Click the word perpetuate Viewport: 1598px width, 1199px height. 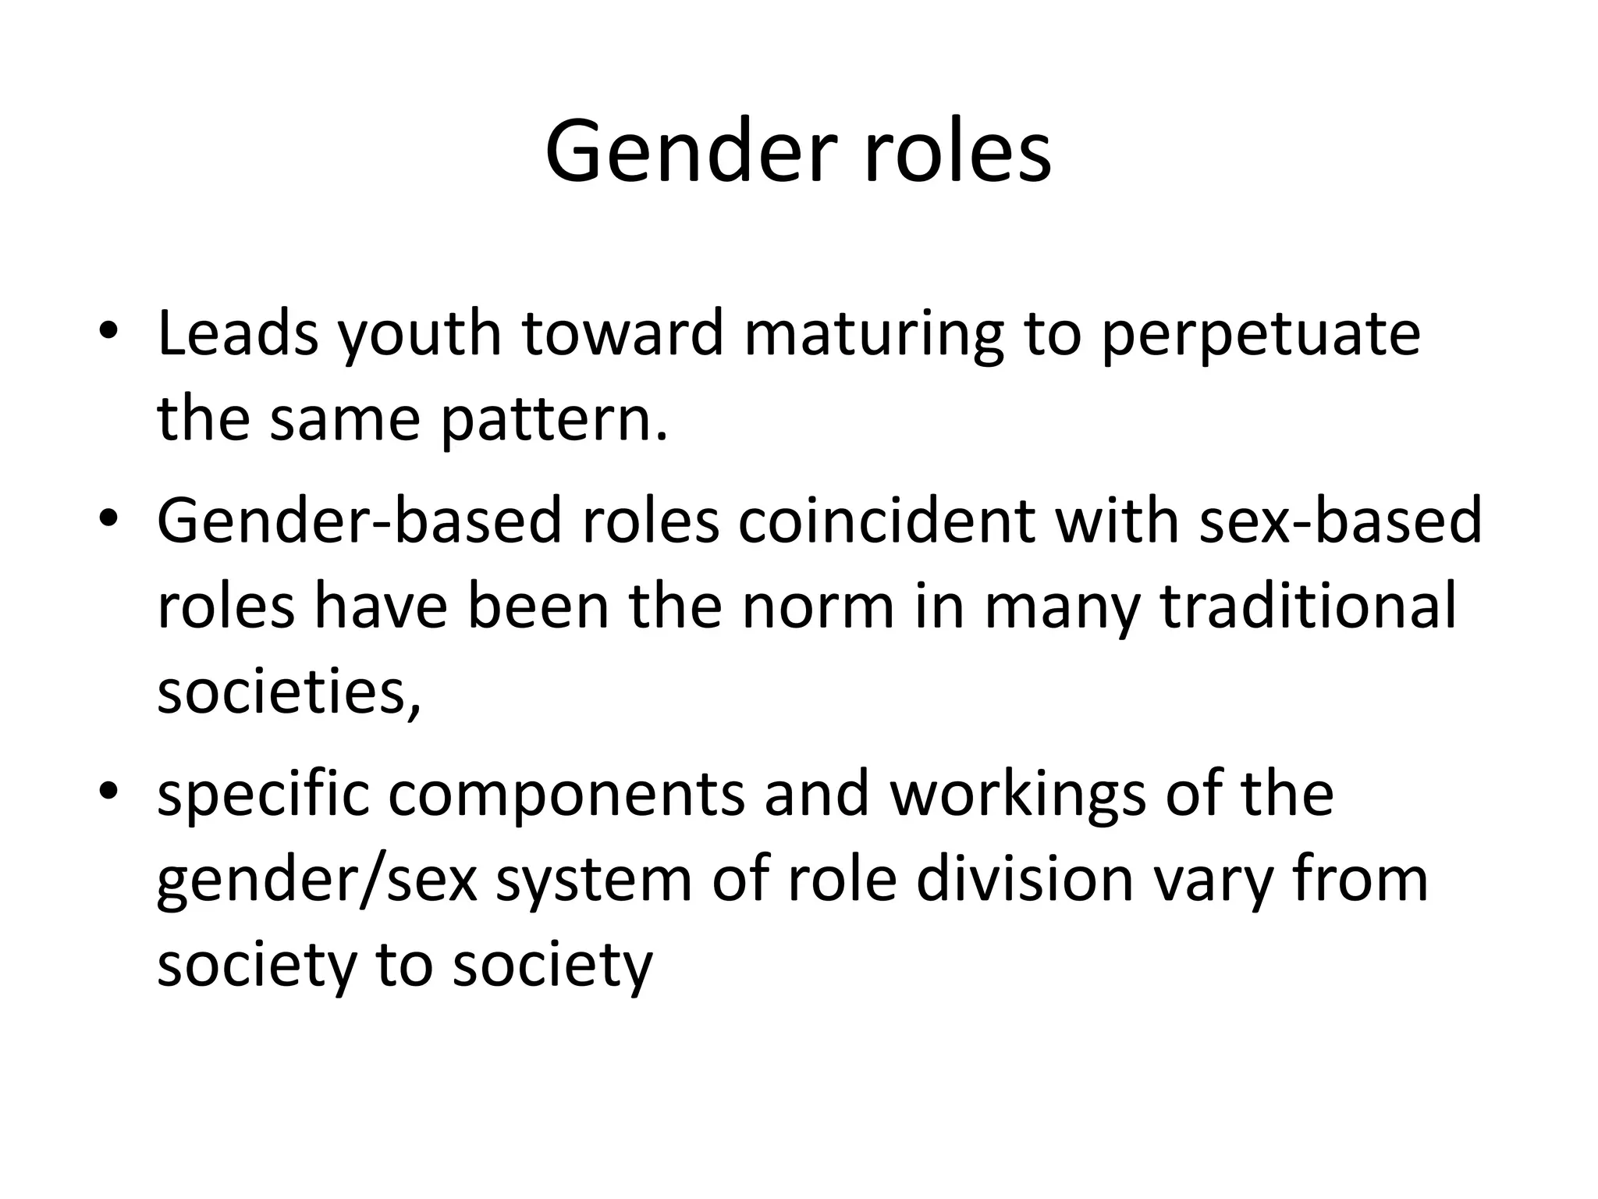(x=1260, y=334)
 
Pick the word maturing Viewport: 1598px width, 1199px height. (x=873, y=334)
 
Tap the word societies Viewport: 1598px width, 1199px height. (x=288, y=693)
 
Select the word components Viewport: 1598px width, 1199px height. (x=566, y=795)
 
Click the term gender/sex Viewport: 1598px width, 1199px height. (x=317, y=881)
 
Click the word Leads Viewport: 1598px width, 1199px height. (x=238, y=334)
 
